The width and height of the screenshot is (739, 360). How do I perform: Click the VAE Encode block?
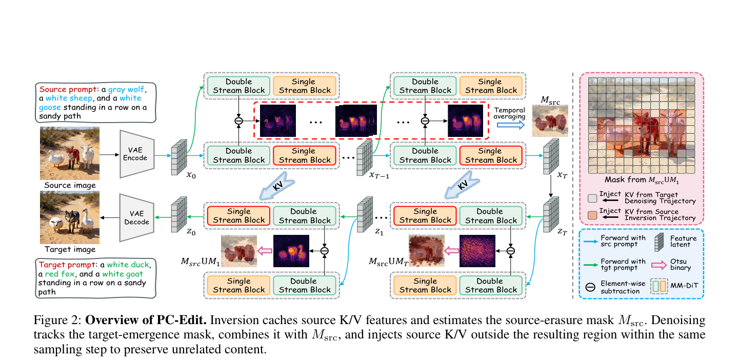136,154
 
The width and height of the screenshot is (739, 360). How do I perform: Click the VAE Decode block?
136,218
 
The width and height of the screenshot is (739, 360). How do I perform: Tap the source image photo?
70,153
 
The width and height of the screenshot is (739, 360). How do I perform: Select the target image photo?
70,217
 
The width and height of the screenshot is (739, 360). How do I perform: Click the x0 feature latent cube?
179,157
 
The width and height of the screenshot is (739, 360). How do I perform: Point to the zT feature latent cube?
551,214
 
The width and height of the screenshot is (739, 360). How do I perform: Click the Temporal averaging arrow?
511,125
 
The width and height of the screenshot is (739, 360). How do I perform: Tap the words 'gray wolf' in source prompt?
126,89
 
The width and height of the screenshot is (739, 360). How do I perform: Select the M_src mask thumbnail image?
550,121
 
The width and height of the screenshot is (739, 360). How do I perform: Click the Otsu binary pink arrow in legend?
659,265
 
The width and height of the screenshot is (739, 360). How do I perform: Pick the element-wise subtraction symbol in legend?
590,287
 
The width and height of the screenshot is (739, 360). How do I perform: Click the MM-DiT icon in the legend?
659,286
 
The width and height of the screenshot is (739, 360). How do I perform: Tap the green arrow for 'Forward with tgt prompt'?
591,265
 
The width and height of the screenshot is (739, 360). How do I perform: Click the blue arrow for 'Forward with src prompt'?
591,242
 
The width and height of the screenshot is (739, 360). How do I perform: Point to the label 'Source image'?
70,185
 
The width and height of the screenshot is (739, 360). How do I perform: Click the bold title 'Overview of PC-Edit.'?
146,320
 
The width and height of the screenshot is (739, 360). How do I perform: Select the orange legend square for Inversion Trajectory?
592,215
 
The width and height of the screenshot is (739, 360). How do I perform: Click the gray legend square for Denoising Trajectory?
592,198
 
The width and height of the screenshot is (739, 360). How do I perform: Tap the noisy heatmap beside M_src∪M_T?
477,251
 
